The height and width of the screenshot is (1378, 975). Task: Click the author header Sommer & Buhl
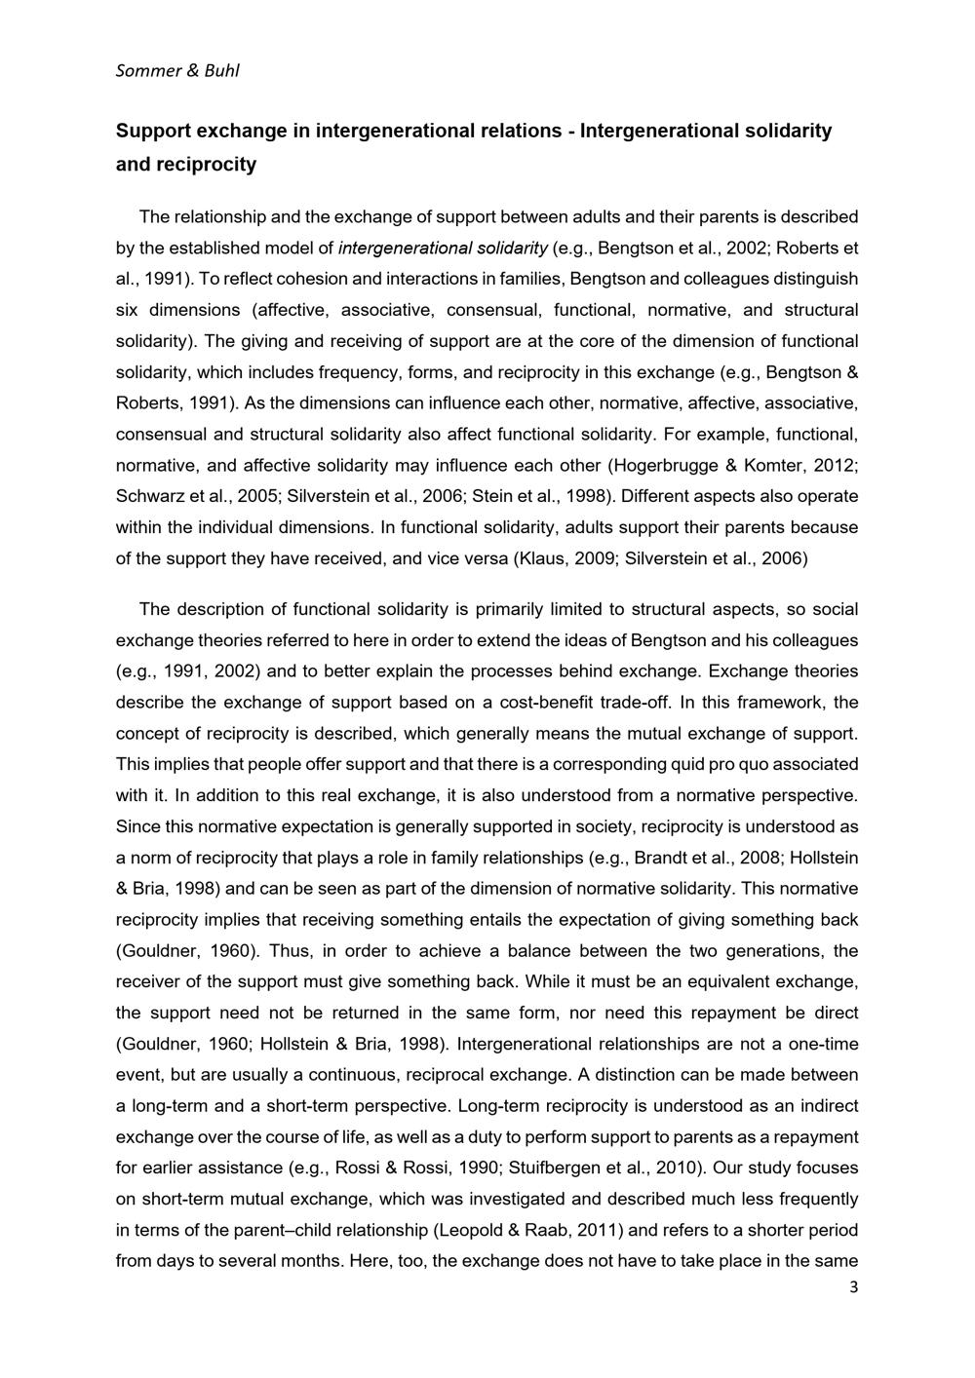(176, 70)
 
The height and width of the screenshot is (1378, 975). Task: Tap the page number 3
(854, 1287)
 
